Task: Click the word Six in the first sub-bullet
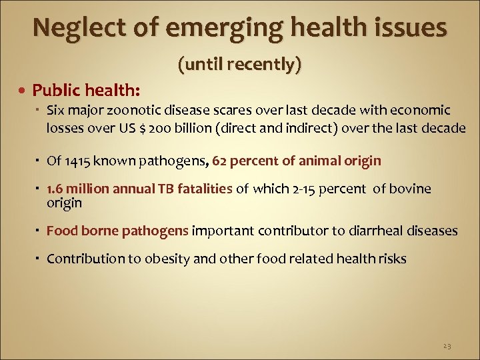56,110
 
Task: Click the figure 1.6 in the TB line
55,189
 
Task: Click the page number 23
446,346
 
